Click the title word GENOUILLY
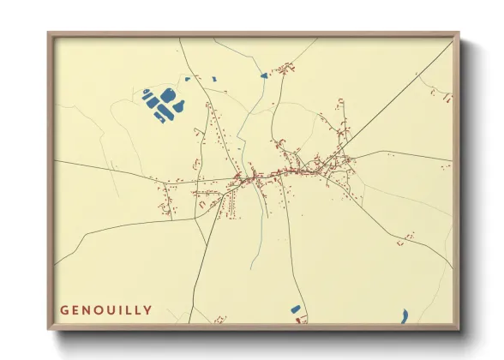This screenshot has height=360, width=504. (x=106, y=309)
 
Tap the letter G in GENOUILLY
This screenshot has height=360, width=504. (x=64, y=309)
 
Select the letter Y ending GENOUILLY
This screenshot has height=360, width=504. (x=149, y=309)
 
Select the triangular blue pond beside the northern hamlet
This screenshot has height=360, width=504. (x=264, y=76)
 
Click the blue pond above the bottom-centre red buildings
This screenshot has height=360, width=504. (x=296, y=309)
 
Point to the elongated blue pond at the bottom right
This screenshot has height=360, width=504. (x=403, y=315)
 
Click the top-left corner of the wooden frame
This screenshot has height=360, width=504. (x=48, y=33)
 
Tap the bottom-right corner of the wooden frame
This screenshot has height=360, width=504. (x=459, y=329)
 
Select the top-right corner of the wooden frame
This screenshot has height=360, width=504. (x=459, y=33)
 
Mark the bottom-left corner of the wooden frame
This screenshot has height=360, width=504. (x=48, y=329)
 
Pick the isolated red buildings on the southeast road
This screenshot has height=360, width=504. (x=409, y=234)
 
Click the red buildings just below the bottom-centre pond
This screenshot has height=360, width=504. (x=300, y=320)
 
